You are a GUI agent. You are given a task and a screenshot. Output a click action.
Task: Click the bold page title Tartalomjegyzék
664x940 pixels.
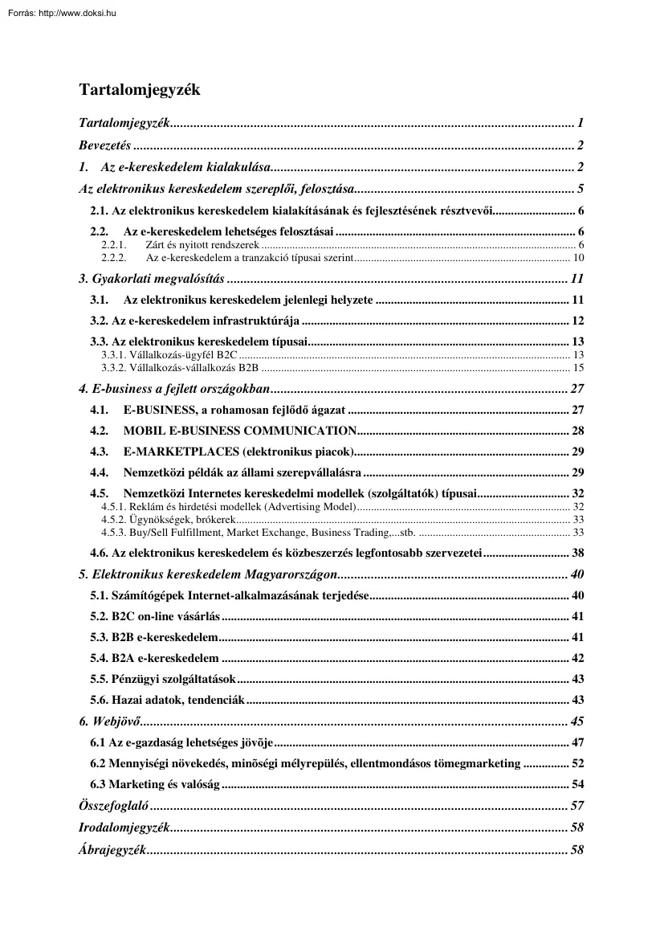pyautogui.click(x=139, y=89)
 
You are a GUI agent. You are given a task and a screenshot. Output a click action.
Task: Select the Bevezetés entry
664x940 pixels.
pyautogui.click(x=105, y=145)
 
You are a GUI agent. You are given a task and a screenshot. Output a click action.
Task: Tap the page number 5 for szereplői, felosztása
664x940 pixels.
pyautogui.click(x=580, y=190)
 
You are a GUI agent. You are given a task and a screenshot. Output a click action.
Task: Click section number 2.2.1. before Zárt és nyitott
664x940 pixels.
pyautogui.click(x=115, y=244)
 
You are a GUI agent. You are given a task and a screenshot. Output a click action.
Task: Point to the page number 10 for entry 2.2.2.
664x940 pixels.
pyautogui.click(x=578, y=257)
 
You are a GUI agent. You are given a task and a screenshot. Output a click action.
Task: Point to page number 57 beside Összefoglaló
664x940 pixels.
pyautogui.click(x=576, y=806)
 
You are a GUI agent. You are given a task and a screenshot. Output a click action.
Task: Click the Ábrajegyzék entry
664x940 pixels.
pyautogui.click(x=112, y=850)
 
